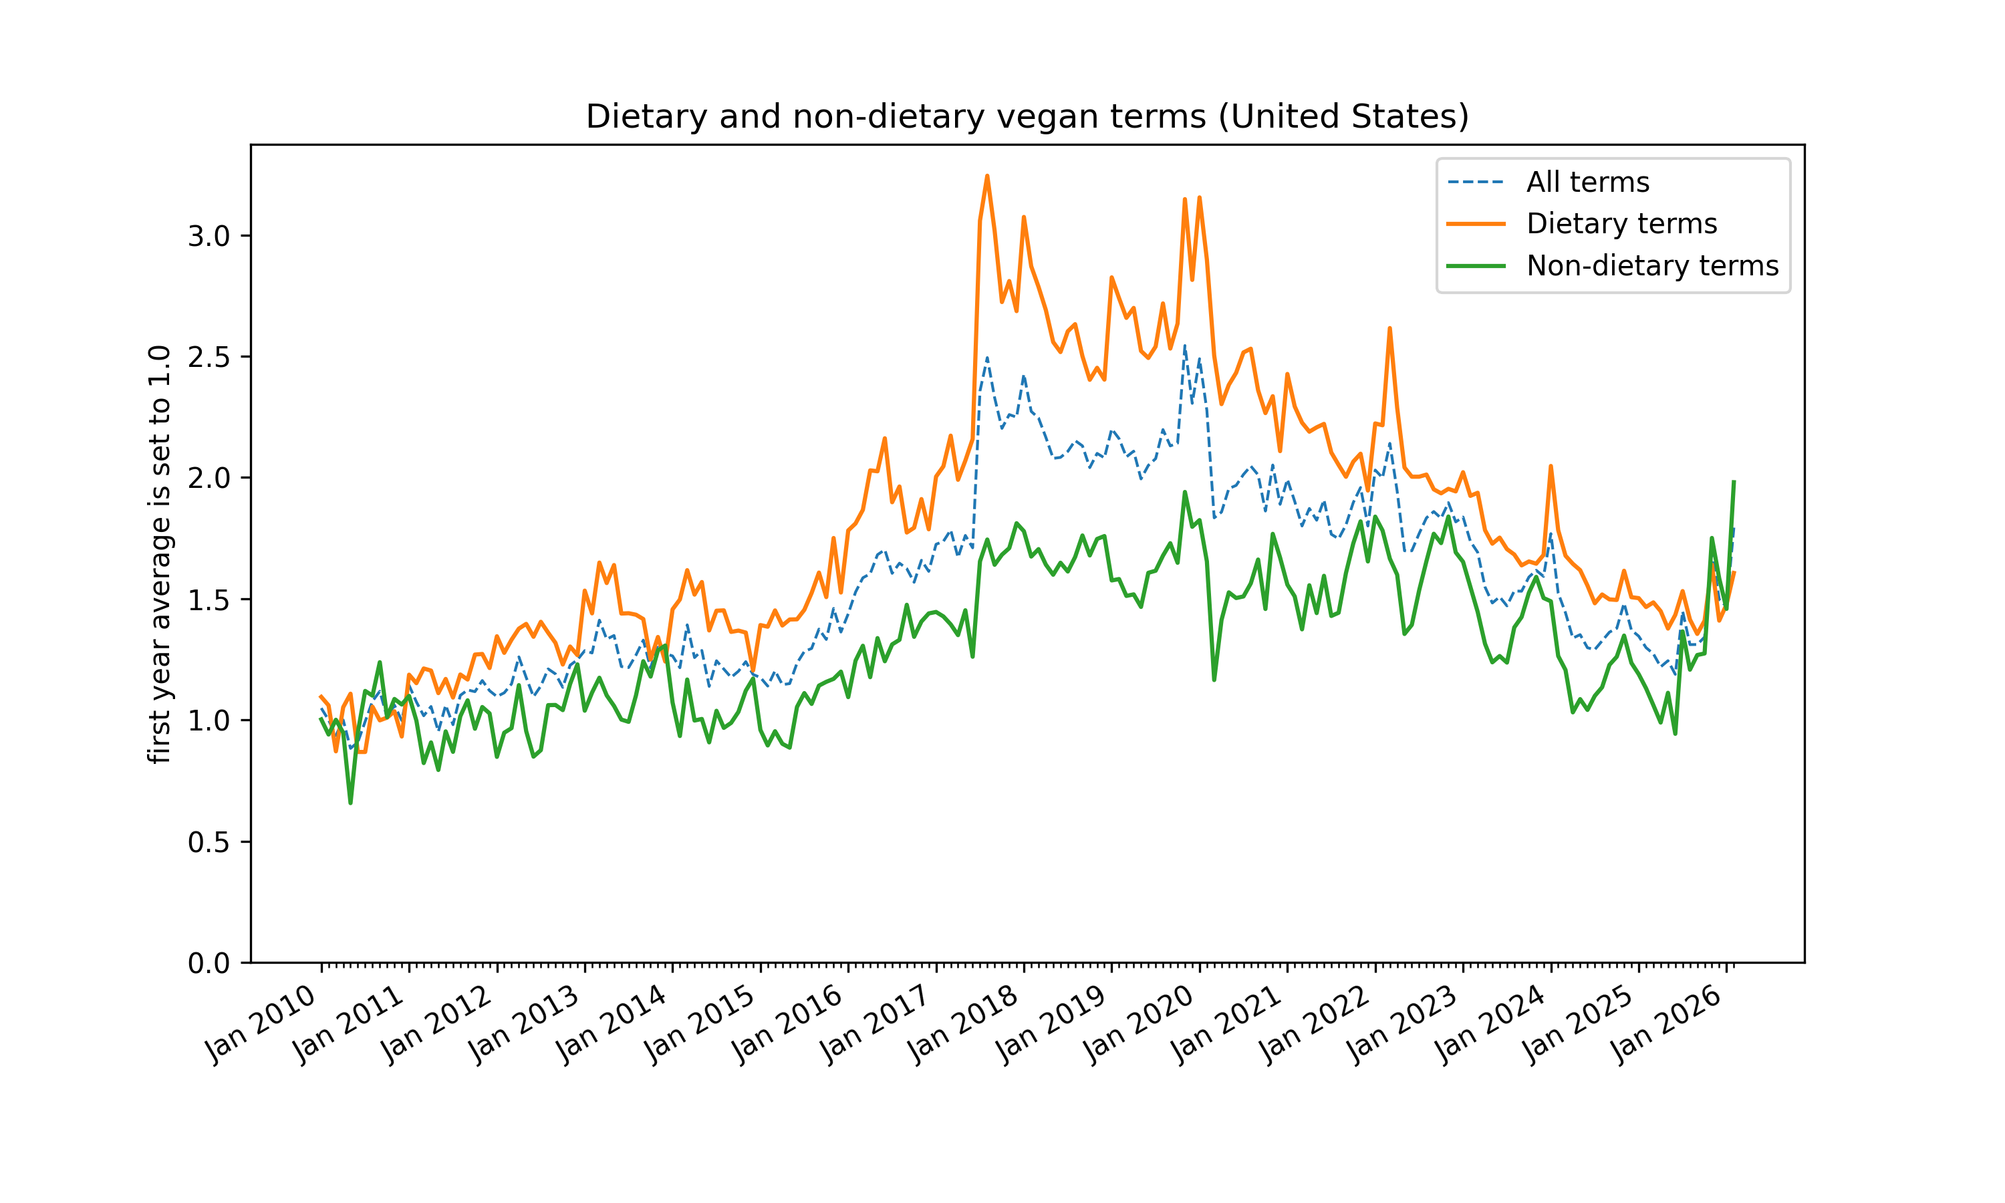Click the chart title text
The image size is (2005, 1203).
[1027, 117]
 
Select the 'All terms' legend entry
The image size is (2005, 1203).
[1587, 182]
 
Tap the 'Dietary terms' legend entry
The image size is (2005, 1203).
[1621, 224]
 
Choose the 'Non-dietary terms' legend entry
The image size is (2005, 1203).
[1651, 266]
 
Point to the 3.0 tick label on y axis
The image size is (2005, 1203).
[209, 237]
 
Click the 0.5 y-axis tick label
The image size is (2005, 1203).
[209, 842]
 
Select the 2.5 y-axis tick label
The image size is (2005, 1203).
[209, 358]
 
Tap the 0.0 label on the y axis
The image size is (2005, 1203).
[209, 964]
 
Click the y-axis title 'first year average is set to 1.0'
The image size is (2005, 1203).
[160, 555]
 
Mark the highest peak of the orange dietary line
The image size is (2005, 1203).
[987, 176]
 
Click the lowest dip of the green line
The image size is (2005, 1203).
[351, 803]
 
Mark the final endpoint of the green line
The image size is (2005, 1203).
[1734, 481]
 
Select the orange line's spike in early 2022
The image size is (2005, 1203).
[1390, 329]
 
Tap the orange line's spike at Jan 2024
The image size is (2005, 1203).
[1551, 467]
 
